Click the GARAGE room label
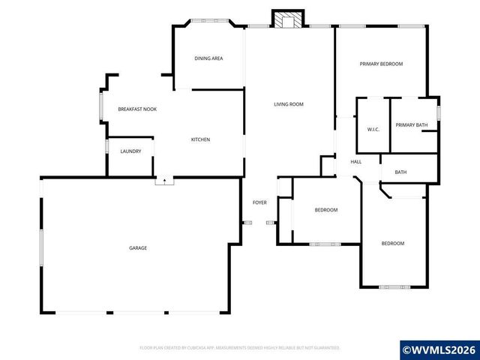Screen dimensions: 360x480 click(137, 247)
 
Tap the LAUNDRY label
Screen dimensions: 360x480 click(130, 151)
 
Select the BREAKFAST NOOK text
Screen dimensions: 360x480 click(137, 109)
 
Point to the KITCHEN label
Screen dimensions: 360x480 click(200, 139)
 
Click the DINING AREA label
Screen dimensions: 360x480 click(208, 58)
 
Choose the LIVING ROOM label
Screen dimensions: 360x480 click(288, 104)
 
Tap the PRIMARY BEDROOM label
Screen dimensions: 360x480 click(381, 64)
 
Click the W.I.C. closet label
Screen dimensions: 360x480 click(373, 130)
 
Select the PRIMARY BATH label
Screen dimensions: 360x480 click(411, 125)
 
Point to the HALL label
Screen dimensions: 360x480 click(356, 162)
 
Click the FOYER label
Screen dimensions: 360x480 click(259, 202)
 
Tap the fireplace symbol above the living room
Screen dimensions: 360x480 click(285, 20)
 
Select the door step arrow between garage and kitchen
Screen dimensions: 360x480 click(164, 181)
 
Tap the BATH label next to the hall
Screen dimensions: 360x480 click(400, 172)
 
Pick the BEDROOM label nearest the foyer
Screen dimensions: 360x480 click(325, 210)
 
